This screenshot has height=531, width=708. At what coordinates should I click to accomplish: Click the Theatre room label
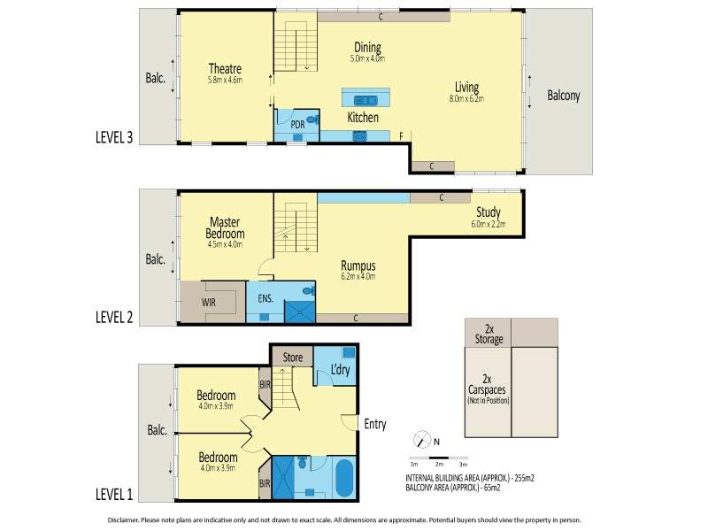225,69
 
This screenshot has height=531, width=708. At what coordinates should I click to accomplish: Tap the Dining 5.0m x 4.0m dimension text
367,58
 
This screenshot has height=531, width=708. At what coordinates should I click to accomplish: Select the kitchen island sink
366,100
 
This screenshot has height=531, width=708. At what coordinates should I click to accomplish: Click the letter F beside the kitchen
401,136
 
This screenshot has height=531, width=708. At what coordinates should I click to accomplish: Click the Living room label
467,87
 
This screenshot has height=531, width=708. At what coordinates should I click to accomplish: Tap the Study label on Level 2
489,212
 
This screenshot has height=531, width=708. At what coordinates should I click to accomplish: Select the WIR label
209,303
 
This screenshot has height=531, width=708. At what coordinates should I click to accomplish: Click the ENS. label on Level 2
265,298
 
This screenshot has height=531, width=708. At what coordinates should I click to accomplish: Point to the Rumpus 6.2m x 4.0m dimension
358,277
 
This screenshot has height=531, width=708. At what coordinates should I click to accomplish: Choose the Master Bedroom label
225,227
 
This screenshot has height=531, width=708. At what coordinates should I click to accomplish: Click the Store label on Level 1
293,358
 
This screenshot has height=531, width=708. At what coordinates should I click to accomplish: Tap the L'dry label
341,369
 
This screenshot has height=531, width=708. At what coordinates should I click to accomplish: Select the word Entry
375,424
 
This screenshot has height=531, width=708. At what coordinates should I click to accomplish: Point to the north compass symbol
423,439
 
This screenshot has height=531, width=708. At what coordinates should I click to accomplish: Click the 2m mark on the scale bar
439,464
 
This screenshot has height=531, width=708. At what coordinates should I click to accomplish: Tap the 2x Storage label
489,335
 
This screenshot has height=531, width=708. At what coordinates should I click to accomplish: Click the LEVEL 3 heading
114,137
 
